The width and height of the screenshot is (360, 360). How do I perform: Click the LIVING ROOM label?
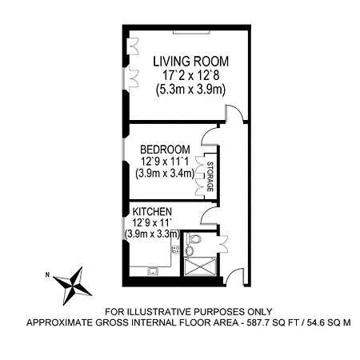(190, 62)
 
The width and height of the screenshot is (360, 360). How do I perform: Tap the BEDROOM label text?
(165, 150)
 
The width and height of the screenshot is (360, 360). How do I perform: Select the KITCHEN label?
(152, 212)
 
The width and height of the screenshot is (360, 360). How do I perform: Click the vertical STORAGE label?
(210, 177)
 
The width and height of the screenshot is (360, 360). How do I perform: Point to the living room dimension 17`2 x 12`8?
(190, 75)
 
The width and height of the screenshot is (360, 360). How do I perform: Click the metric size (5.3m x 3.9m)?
(190, 90)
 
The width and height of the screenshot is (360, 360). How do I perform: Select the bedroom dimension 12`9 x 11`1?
(165, 162)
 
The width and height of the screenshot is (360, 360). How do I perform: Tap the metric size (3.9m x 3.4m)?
(165, 174)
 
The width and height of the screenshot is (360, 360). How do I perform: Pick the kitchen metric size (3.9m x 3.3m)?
(152, 234)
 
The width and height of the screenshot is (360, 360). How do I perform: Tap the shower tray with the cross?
(200, 266)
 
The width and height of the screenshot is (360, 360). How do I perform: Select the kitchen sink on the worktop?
(153, 271)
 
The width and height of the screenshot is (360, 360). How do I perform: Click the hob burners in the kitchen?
(176, 250)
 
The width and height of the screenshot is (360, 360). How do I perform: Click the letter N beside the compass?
(47, 274)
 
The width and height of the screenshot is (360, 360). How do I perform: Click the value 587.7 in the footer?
(257, 322)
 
